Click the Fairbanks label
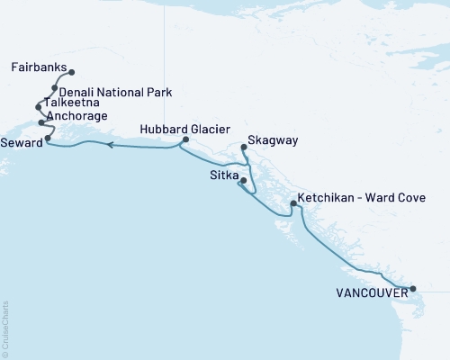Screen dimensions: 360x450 coord(40,67)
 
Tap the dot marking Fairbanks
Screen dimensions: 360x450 coord(72,73)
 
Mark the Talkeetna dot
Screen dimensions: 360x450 coord(39,107)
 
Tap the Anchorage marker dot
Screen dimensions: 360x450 coord(41,122)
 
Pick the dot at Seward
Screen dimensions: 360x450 coord(48,139)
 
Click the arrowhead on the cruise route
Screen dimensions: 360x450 coord(109,145)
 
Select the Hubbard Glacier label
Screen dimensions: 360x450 coord(179,129)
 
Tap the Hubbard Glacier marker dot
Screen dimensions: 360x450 coord(185,140)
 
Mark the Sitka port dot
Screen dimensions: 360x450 coord(242,181)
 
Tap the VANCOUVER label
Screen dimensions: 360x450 coord(368,292)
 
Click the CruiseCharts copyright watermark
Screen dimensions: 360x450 coord(5,328)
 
